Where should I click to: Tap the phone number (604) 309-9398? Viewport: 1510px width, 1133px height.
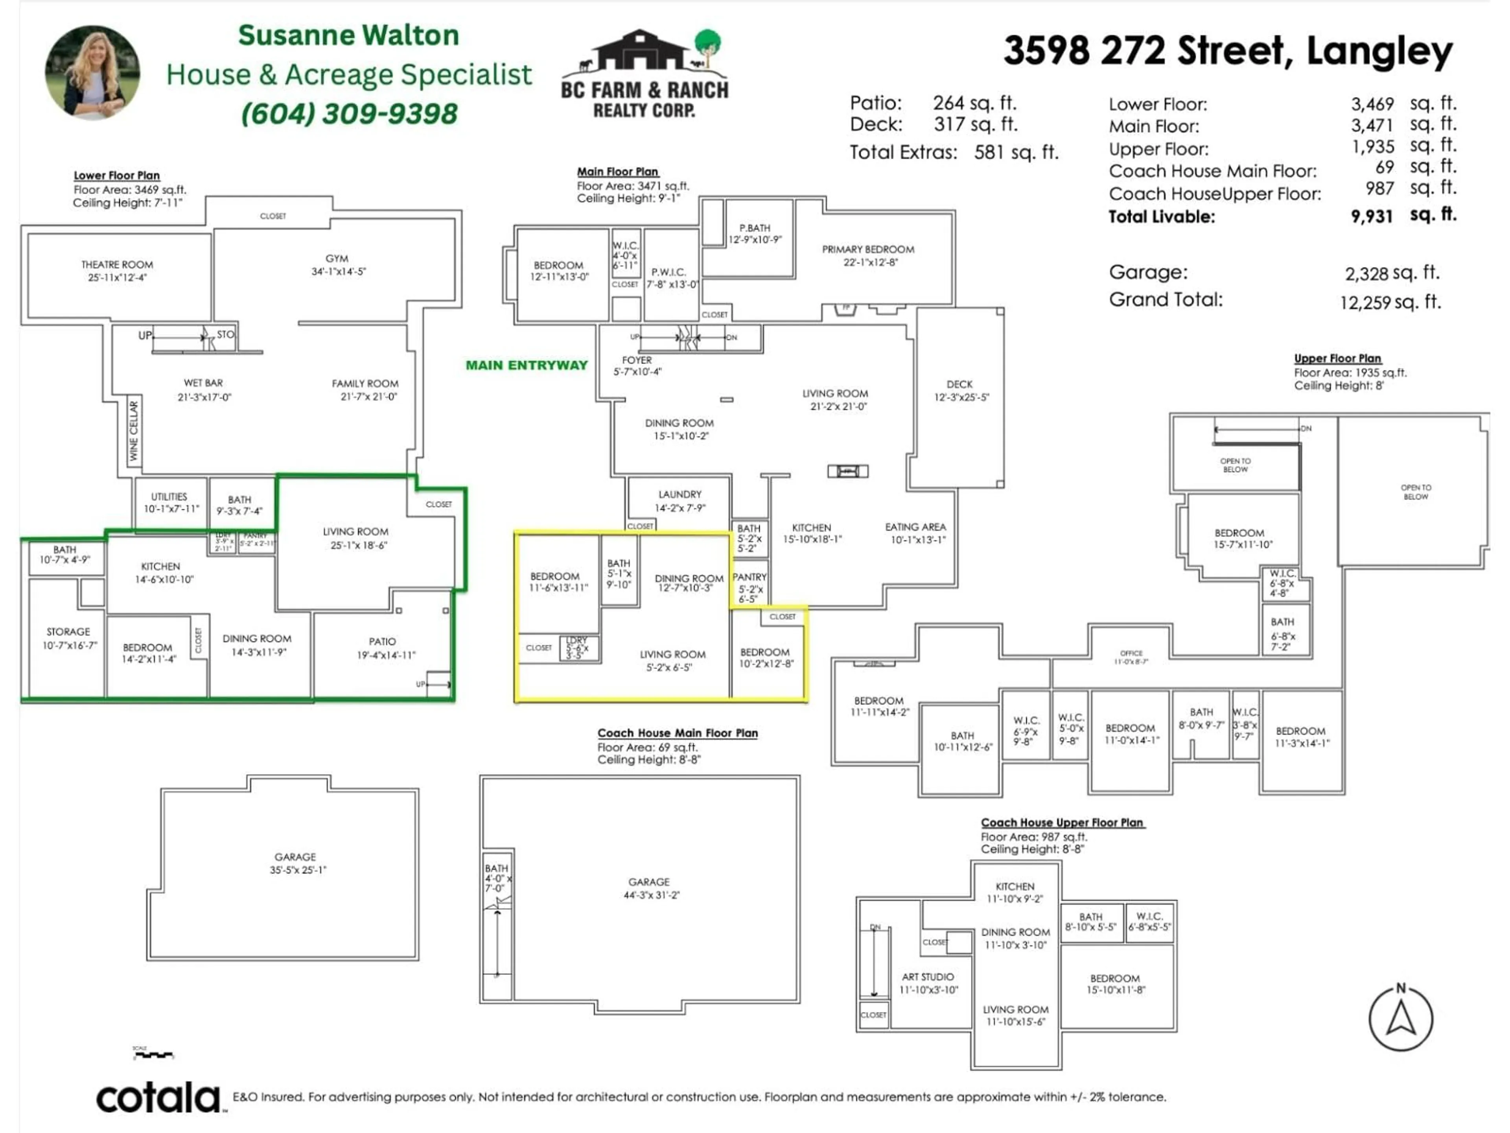click(x=349, y=113)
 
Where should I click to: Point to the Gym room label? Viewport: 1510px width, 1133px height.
click(x=337, y=259)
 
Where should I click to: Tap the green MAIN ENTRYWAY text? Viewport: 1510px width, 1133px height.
click(x=526, y=365)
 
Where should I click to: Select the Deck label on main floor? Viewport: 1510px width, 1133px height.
click(x=959, y=384)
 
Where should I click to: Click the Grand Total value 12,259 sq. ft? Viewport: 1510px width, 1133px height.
click(x=1390, y=302)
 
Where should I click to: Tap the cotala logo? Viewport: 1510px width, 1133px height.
click(x=159, y=1098)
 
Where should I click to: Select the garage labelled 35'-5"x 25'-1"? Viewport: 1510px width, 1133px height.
click(x=296, y=863)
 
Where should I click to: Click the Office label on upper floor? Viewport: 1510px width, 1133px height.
click(x=1131, y=653)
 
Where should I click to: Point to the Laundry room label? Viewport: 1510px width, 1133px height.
click(x=680, y=495)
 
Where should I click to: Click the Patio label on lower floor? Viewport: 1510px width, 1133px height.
click(x=382, y=642)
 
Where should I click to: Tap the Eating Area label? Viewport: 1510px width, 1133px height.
click(x=915, y=527)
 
